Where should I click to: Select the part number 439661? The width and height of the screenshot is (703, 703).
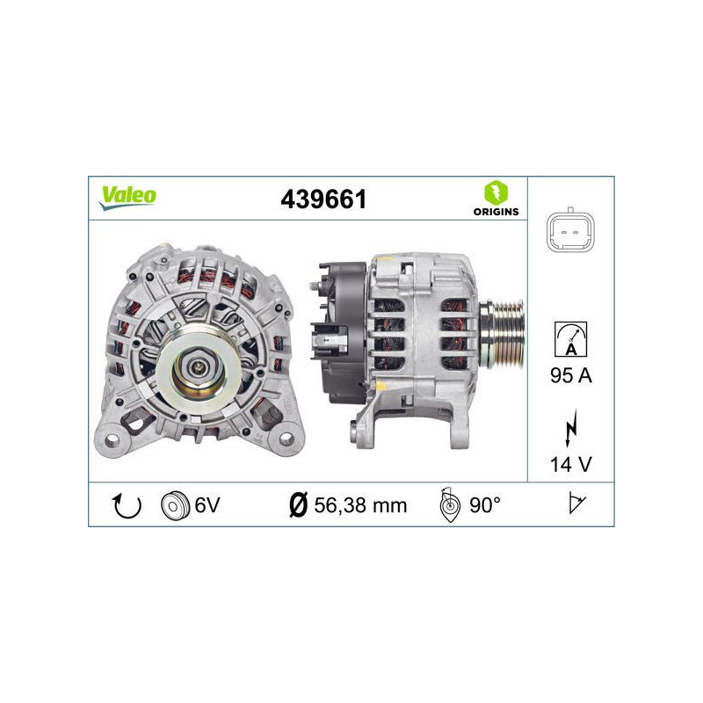tap(323, 199)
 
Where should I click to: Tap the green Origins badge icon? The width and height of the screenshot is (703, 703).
tap(496, 192)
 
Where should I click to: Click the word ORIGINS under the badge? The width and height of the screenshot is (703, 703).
tap(496, 212)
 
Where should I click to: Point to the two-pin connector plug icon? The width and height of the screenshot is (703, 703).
tap(570, 232)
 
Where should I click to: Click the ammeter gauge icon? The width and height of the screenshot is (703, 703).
tap(570, 337)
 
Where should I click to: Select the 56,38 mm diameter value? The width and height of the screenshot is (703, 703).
tap(360, 504)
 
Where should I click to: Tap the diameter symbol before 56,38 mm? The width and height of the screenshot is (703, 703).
tap(297, 504)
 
